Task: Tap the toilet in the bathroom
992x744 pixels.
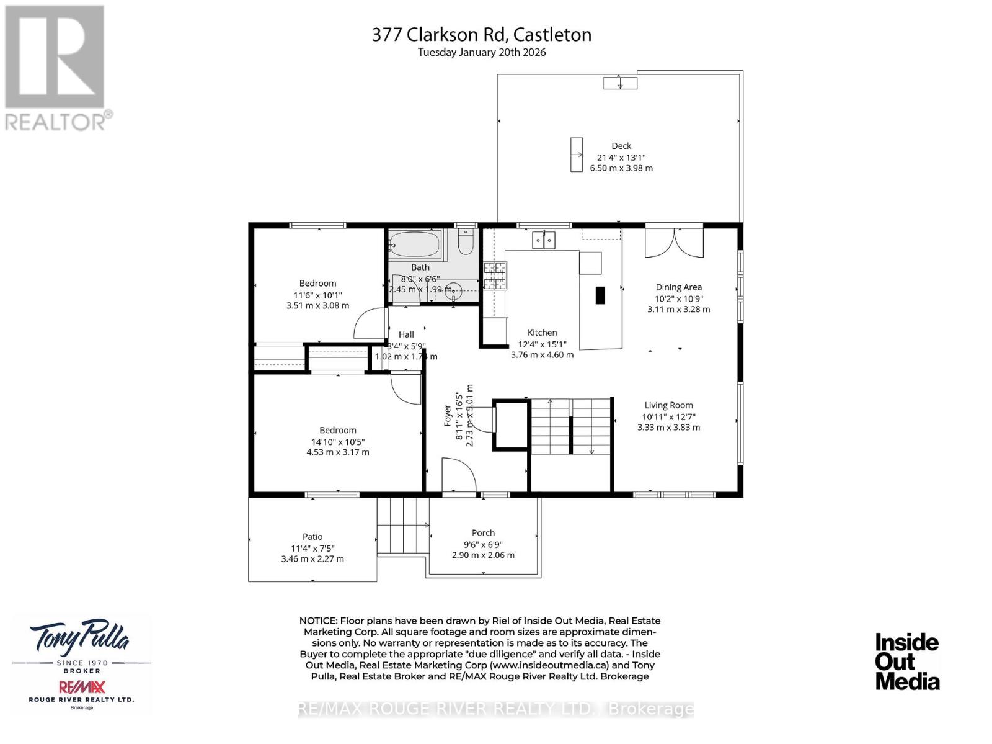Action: coord(465,242)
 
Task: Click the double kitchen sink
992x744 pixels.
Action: coord(544,240)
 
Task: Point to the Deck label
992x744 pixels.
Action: coord(621,146)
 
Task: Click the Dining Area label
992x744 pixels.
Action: coord(679,287)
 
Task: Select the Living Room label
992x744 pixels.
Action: coord(668,405)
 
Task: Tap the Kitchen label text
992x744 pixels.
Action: coord(542,333)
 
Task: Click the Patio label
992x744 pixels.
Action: coord(312,537)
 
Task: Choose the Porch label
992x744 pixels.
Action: coord(483,533)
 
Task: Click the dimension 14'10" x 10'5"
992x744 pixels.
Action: coord(338,442)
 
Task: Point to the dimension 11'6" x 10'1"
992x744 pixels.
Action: coord(318,295)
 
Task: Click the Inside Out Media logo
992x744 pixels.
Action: coord(907,661)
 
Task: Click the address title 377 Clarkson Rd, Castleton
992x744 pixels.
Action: coord(482,35)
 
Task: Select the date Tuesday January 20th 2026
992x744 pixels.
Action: coord(482,53)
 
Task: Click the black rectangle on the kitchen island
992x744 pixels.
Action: coord(600,295)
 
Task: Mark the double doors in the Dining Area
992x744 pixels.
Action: coord(674,242)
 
